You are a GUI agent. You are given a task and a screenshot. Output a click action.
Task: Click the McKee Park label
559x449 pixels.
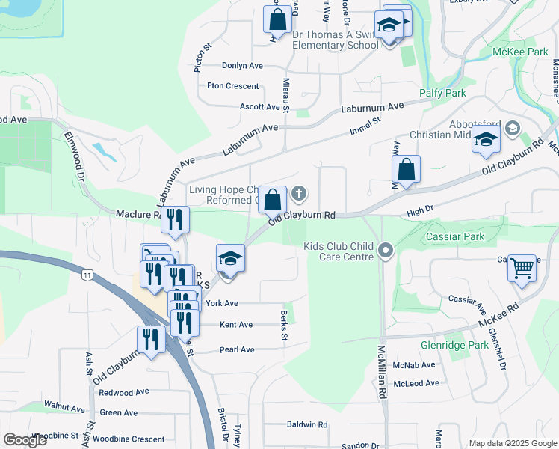520,52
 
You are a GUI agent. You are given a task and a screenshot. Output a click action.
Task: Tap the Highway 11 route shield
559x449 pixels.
88,275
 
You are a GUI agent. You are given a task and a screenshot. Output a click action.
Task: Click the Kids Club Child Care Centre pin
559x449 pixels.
386,249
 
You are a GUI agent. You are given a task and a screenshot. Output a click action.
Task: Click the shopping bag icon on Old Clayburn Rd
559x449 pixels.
274,200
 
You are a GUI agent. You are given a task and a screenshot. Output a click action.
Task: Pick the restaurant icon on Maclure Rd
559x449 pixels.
175,219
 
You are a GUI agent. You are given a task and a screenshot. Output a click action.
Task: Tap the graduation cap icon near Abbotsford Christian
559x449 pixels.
486,140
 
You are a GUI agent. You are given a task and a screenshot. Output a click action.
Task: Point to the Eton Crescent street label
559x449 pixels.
232,86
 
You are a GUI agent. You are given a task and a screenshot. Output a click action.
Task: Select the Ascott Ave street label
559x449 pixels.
260,107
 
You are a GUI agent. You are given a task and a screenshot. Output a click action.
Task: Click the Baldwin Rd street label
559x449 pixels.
307,424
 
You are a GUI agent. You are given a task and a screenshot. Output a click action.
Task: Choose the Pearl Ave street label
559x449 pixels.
237,349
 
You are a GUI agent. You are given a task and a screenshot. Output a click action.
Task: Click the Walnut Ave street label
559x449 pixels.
64,407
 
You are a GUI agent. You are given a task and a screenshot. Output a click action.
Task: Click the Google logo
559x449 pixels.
25,440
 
